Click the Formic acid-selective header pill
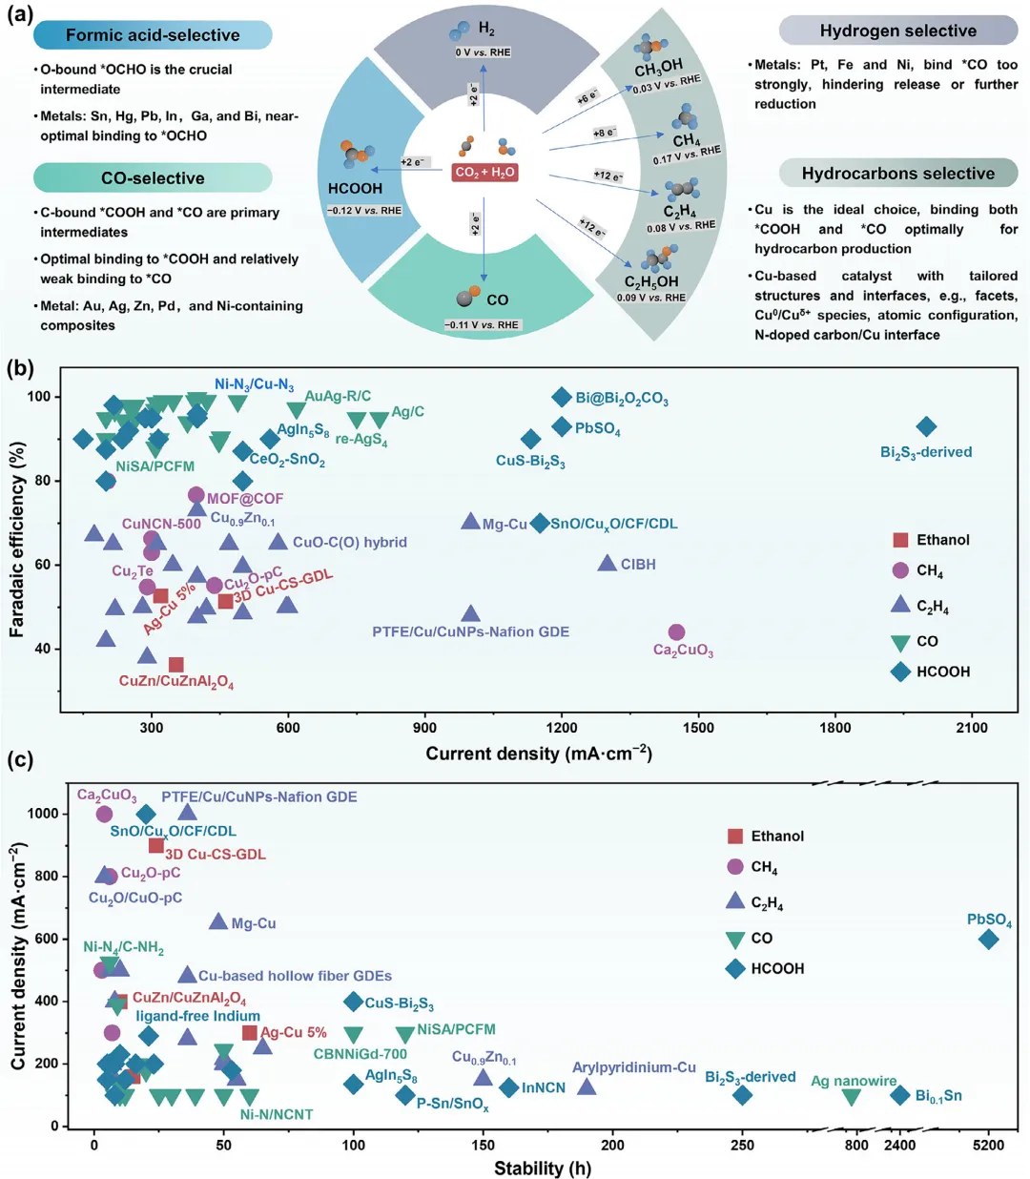(x=153, y=35)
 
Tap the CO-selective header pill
(x=153, y=178)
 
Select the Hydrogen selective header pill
(x=897, y=31)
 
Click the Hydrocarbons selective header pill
(x=897, y=174)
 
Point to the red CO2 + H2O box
(x=484, y=173)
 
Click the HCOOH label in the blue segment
(x=355, y=189)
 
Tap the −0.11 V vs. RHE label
(x=482, y=324)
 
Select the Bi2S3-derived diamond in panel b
(x=925, y=426)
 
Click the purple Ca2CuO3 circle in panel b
(x=676, y=632)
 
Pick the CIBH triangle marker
(x=607, y=564)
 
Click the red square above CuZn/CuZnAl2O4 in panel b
(x=175, y=665)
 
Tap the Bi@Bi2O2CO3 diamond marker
(x=562, y=398)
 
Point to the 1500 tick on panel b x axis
(x=698, y=728)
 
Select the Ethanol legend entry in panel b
(x=930, y=540)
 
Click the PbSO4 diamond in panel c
(x=988, y=939)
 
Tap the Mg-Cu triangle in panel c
(x=218, y=921)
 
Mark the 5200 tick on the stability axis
(x=988, y=1145)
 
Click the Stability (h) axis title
(x=542, y=1169)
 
